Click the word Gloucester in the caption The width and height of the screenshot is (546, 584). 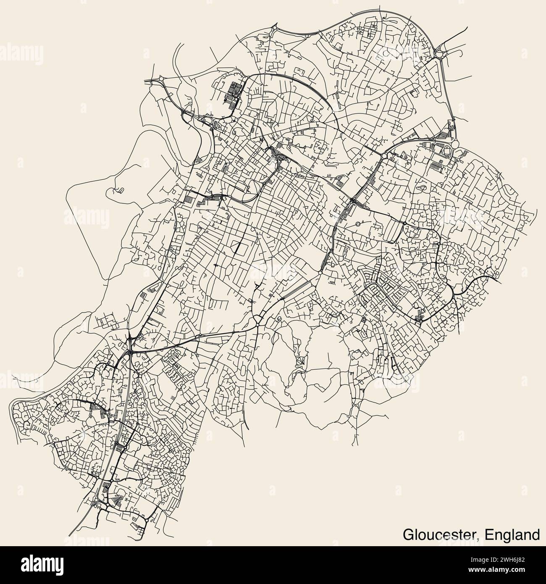coord(441,534)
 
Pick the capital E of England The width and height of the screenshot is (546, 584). coord(489,534)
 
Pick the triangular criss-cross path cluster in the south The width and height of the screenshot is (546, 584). coord(301,360)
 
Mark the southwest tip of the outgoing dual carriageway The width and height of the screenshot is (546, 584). coord(69,533)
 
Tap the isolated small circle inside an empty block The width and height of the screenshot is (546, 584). coord(357,224)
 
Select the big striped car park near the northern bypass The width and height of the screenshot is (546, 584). coord(234,93)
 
